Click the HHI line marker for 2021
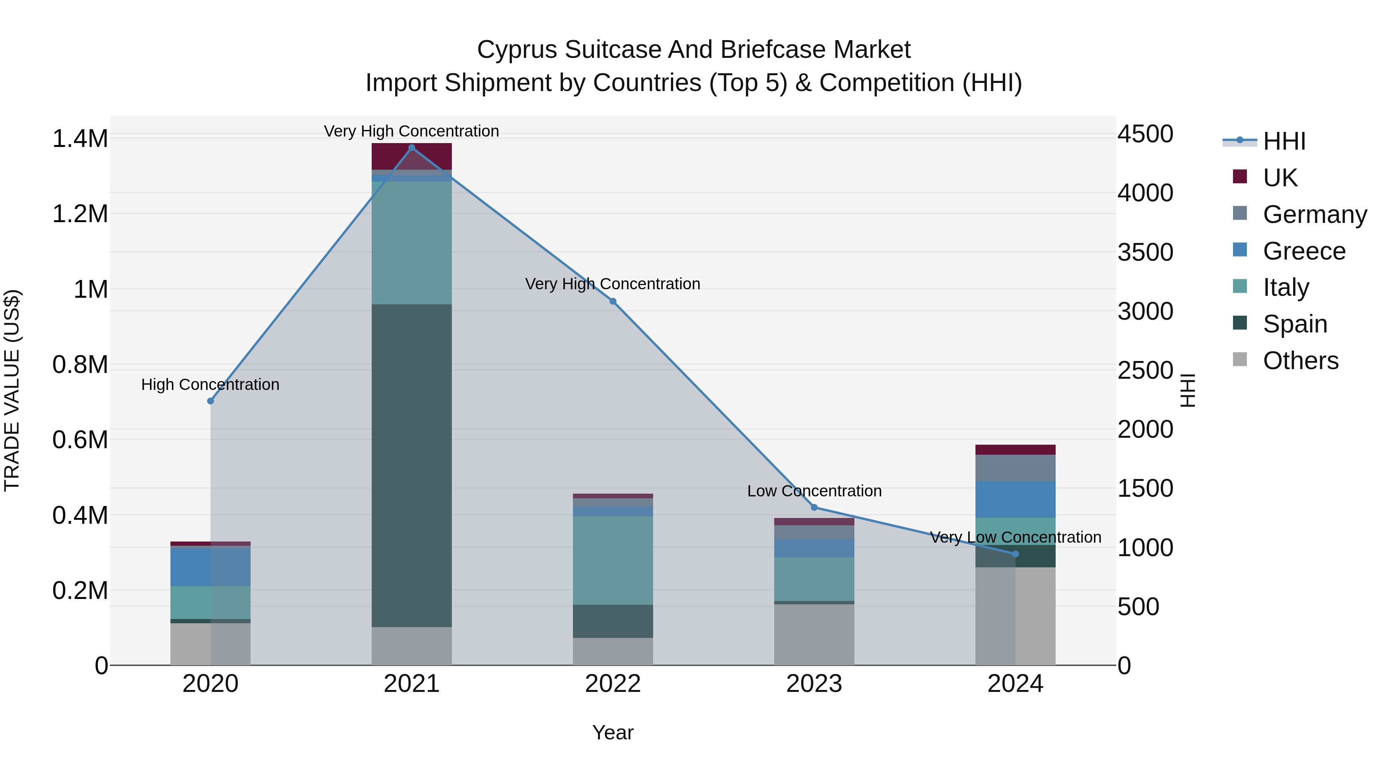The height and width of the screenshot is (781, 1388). coord(412,148)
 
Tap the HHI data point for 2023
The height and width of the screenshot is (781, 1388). coord(814,507)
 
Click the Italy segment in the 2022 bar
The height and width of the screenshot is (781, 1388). coord(613,560)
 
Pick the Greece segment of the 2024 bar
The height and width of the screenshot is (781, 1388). coord(1015,499)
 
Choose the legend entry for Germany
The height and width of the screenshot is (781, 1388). coord(1315,214)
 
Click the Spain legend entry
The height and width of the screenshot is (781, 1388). coord(1294,324)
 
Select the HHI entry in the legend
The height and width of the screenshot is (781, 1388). coord(1284,141)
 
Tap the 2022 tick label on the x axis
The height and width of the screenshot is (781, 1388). coord(613,684)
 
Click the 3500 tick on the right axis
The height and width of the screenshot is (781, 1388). coord(1145,252)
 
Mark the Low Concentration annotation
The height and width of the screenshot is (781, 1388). coord(814,491)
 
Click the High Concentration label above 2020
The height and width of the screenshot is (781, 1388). coord(210,384)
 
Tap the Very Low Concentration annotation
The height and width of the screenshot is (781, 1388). coord(1015,537)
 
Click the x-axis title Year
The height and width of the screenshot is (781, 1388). coord(613,732)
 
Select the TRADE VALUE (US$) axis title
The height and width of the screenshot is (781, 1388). coord(12,390)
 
